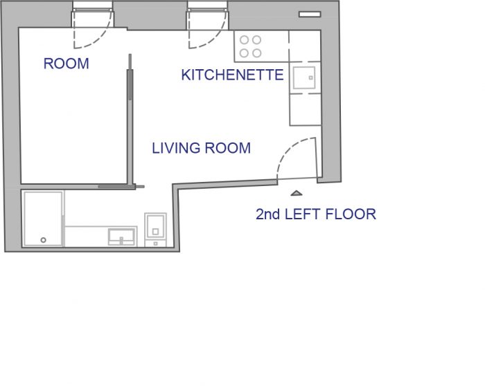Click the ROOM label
coord(67,64)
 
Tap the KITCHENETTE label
coord(232,75)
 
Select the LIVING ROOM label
coord(201,148)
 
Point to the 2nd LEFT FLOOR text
coord(316,214)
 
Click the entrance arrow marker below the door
coord(297,193)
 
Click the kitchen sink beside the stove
coord(304,77)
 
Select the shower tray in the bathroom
coord(43,219)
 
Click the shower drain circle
coord(43,240)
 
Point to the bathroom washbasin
coord(121,237)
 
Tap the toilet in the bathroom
coord(155,229)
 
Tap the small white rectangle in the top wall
coord(310,15)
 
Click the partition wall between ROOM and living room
coord(130,120)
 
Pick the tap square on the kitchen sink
coord(310,77)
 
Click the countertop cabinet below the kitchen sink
coord(305,109)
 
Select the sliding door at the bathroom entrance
coord(121,187)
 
